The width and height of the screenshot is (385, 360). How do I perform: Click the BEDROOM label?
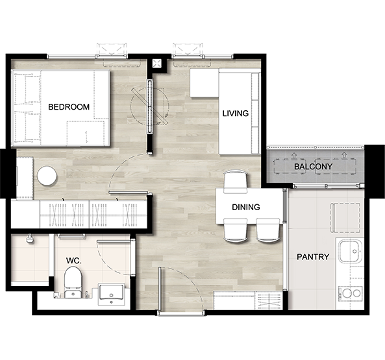pos(69,107)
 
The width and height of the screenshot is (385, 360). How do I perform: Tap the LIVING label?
pos(236,114)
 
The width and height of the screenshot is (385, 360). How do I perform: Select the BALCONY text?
pos(313,167)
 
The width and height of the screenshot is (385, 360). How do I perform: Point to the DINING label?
pos(246,207)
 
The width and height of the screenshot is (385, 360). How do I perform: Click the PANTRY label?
pos(313,257)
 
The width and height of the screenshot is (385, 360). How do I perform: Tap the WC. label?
pos(73,261)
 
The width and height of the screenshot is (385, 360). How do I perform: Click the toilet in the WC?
pos(73,282)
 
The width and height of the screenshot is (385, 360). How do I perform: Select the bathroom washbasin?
pos(112,294)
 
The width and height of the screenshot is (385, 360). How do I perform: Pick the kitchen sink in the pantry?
pos(351,251)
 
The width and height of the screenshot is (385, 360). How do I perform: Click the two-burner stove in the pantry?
pos(351,293)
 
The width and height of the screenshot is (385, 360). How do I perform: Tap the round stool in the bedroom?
pos(47,176)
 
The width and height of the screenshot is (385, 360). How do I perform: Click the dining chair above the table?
pos(235,182)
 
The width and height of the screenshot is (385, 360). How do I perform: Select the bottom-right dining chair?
pos(267,230)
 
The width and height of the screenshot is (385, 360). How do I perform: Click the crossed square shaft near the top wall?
pos(156,64)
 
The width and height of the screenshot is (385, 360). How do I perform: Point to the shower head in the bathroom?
pos(30,239)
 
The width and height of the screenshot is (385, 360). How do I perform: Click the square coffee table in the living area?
pos(205,83)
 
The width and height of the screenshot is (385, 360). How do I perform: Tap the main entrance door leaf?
pos(160,289)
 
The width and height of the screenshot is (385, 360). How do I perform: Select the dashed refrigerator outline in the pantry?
pos(345,218)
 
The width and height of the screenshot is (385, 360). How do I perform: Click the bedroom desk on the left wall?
pos(25,178)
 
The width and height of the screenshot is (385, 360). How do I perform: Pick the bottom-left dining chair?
pos(235,230)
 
